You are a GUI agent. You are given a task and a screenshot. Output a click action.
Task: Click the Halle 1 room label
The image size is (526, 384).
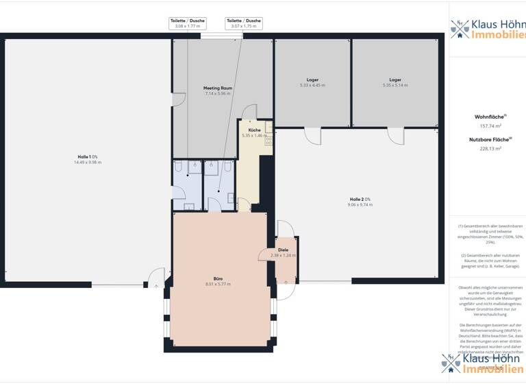click(88, 157)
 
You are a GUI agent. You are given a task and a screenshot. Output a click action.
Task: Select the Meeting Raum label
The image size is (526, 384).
click(218, 88)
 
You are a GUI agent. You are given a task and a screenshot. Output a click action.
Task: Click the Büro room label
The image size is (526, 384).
click(218, 278)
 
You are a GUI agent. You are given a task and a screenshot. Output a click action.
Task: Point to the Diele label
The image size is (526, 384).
click(283, 250)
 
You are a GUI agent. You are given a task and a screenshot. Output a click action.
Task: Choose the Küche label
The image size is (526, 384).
click(254, 130)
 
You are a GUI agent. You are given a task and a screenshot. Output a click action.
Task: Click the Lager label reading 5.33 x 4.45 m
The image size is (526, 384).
click(312, 80)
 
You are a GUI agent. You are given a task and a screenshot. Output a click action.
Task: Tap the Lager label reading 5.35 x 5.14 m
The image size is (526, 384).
click(395, 80)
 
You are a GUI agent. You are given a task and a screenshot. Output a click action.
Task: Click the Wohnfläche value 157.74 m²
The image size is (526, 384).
click(490, 126)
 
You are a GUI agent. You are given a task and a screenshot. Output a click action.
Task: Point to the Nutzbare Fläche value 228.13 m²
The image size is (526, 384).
click(490, 148)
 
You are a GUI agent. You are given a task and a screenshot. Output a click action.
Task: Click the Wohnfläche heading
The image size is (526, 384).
click(490, 117)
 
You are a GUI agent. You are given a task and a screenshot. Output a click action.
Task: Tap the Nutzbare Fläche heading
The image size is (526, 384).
click(490, 139)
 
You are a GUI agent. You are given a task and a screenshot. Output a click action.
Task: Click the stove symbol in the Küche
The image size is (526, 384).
click(269, 141)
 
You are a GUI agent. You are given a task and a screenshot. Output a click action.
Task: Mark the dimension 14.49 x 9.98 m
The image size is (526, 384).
click(88, 163)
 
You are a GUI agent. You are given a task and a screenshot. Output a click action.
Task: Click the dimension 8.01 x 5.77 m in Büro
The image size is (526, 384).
click(218, 284)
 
